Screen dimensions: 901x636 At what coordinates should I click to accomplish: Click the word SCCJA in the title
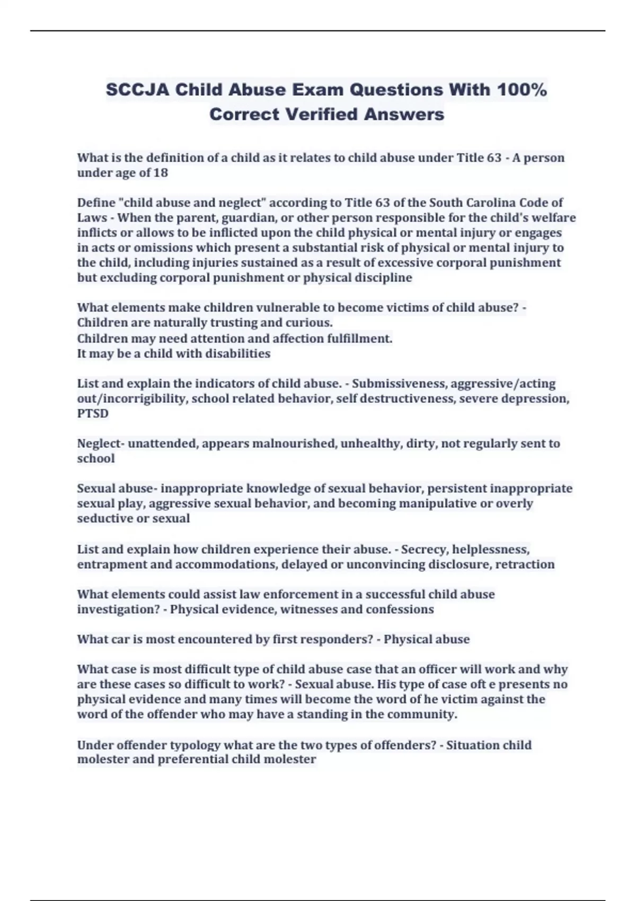(x=138, y=90)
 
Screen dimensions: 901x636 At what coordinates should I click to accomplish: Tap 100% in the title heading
(x=522, y=90)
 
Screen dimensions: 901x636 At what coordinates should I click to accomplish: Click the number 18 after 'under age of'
(x=161, y=173)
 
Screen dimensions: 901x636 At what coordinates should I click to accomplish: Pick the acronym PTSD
(x=93, y=413)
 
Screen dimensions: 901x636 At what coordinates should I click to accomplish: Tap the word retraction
(x=525, y=564)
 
